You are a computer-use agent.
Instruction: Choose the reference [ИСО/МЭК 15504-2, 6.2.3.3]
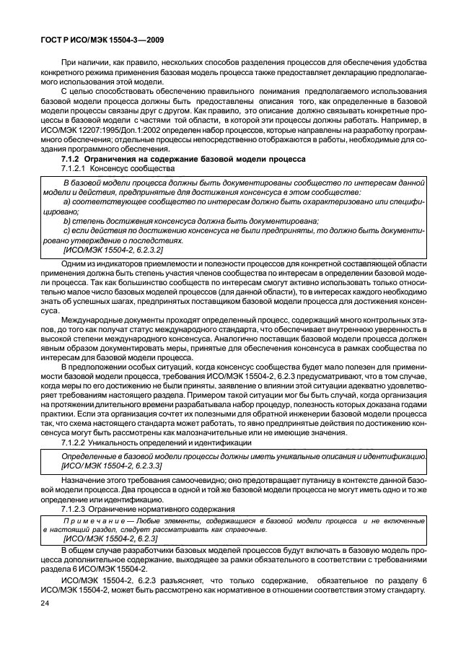[x=113, y=467]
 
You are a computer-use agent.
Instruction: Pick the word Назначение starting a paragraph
[x=83, y=480]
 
